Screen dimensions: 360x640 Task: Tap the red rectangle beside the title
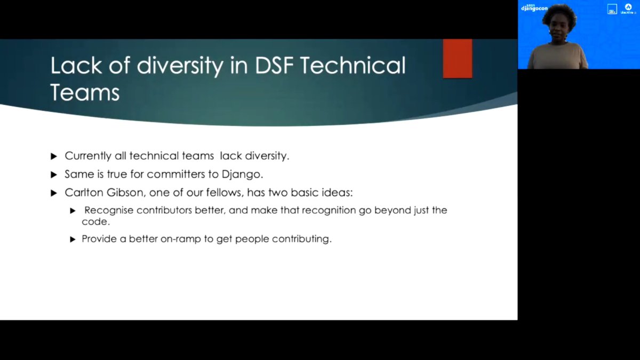(x=457, y=58)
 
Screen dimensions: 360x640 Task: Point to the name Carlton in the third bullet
(x=84, y=192)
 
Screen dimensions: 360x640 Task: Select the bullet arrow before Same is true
(x=53, y=174)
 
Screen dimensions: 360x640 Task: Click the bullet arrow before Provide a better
(x=73, y=239)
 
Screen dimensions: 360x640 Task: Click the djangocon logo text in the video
(x=534, y=8)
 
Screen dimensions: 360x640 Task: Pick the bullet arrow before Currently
(x=53, y=156)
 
